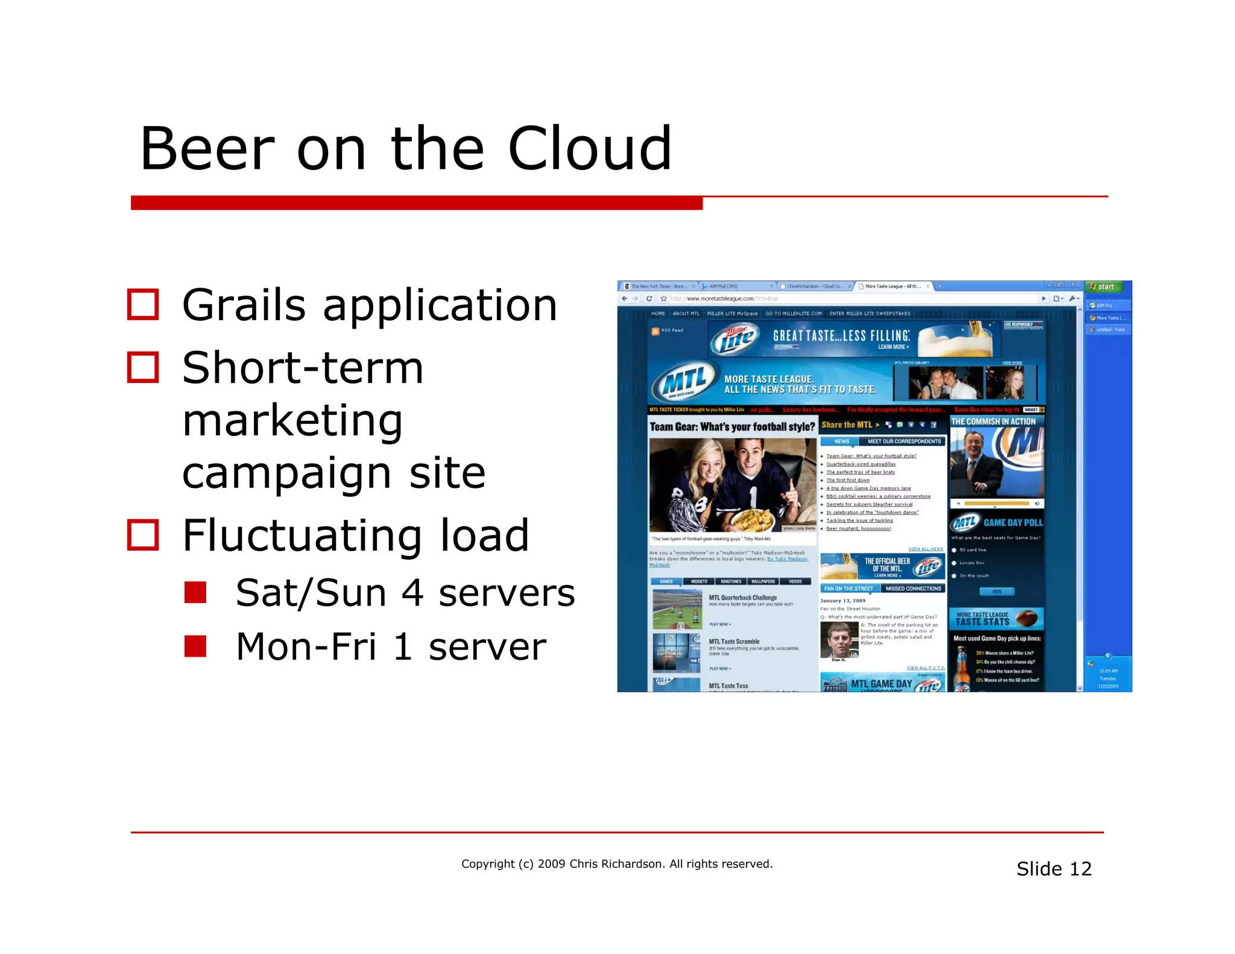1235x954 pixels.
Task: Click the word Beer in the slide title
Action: pyautogui.click(x=207, y=149)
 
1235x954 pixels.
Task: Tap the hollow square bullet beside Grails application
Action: pyautogui.click(x=143, y=304)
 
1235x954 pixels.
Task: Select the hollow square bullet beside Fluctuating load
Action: pyautogui.click(x=143, y=535)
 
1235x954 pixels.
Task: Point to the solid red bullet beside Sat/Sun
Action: pyautogui.click(x=195, y=592)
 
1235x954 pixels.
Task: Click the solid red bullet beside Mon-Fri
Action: pyautogui.click(x=195, y=646)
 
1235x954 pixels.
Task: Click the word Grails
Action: pyautogui.click(x=244, y=305)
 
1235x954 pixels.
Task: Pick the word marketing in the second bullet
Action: pyautogui.click(x=292, y=420)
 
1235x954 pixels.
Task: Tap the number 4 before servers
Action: pyautogui.click(x=412, y=593)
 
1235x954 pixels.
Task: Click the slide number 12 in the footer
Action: pyautogui.click(x=1080, y=868)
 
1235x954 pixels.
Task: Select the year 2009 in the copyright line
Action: pyautogui.click(x=551, y=864)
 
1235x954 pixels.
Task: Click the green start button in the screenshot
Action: pyautogui.click(x=1104, y=286)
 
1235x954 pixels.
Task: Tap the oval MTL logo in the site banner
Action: pyautogui.click(x=684, y=382)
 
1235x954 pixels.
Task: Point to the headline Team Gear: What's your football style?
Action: pyautogui.click(x=732, y=427)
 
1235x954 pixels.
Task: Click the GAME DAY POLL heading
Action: pyautogui.click(x=1012, y=522)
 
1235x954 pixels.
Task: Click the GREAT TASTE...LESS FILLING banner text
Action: pyautogui.click(x=841, y=336)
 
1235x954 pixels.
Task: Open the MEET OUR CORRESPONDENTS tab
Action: pyautogui.click(x=904, y=441)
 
